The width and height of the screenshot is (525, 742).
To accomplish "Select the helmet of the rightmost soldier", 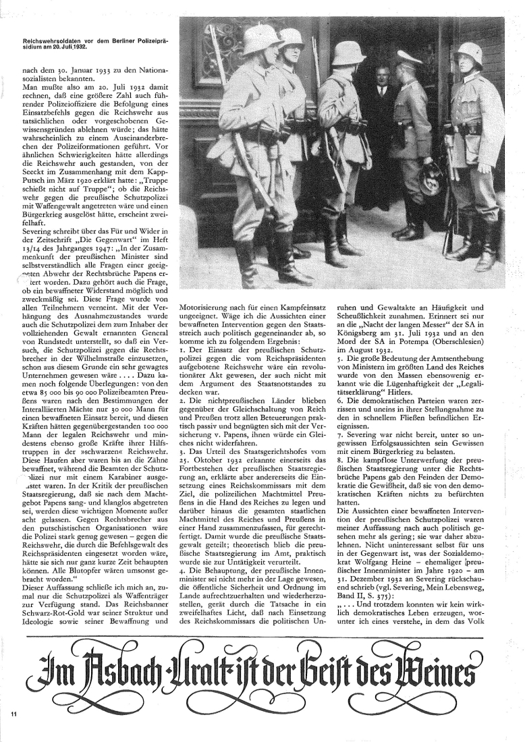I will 470,55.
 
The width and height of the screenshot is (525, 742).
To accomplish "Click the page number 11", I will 13,713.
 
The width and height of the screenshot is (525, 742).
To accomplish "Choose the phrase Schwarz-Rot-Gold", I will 61,586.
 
